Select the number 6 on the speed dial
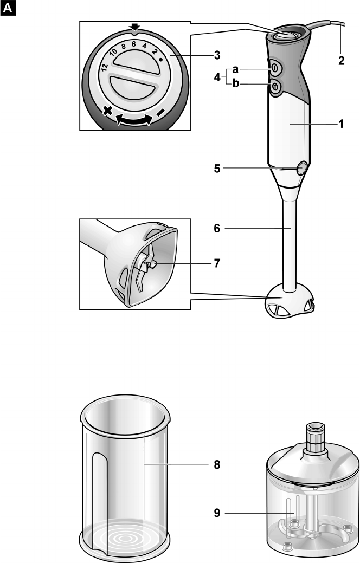point(133,44)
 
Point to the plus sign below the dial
point(107,111)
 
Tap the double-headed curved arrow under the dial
point(134,120)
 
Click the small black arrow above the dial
point(134,27)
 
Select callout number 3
point(217,55)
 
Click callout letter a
point(235,69)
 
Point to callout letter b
point(236,83)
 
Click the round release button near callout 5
point(302,167)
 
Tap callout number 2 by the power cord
point(342,60)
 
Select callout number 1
point(341,124)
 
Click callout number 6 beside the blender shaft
point(217,228)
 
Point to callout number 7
point(217,263)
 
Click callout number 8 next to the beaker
point(217,464)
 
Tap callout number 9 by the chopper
point(217,513)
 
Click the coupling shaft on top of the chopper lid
point(315,437)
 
